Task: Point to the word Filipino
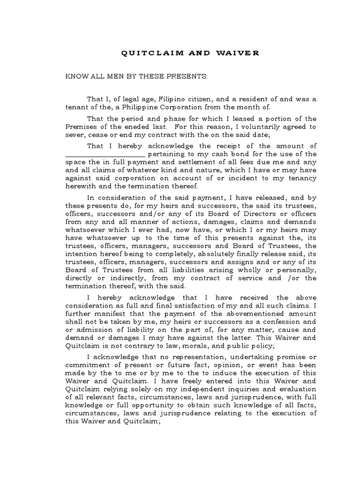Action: pos(176,99)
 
